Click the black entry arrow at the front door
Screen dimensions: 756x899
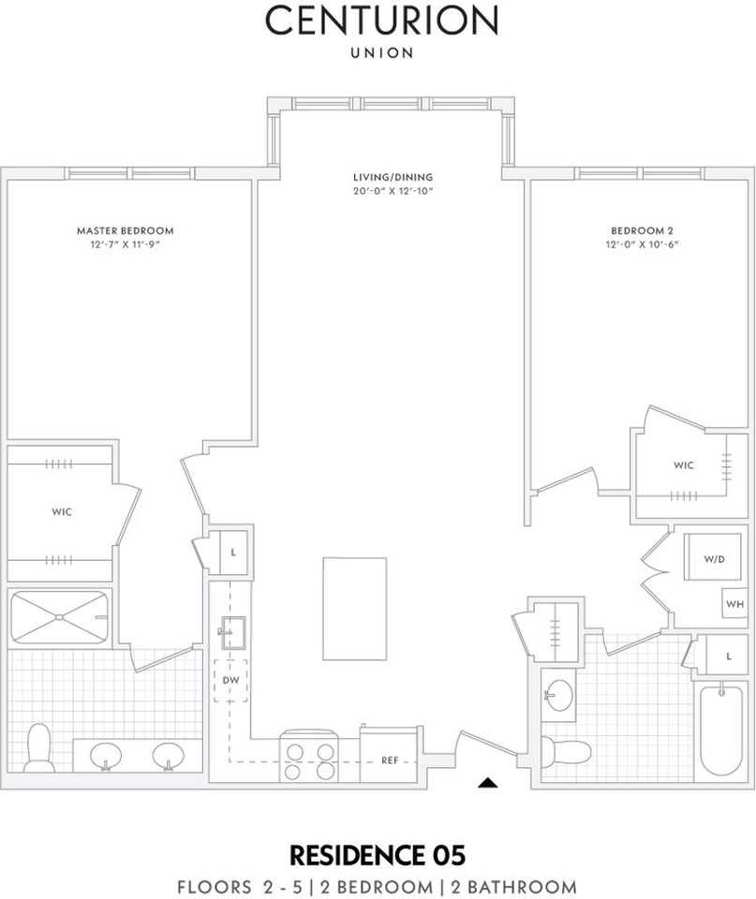pos(487,782)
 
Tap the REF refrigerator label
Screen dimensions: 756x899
pos(390,760)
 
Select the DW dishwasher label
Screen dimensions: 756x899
pos(230,681)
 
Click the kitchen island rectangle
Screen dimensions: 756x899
pos(354,609)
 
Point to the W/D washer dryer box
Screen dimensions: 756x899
pos(713,556)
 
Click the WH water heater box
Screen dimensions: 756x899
pos(734,603)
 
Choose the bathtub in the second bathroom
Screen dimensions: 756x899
pos(721,730)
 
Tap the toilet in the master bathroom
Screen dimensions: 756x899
pos(39,747)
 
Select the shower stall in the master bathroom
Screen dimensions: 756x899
pos(59,617)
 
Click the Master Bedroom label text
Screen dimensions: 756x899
pos(125,230)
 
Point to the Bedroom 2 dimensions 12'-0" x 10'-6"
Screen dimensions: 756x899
pos(642,244)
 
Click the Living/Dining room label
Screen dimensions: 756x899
pos(393,177)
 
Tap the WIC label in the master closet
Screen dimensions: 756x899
pos(62,511)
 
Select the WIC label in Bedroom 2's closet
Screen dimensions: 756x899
pos(684,465)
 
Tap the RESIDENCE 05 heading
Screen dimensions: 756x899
pos(378,855)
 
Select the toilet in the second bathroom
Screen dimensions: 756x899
pos(566,752)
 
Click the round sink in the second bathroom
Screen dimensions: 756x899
pos(558,695)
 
